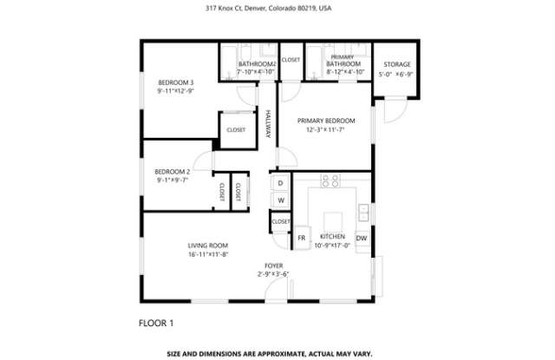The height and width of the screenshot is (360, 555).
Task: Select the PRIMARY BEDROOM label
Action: pos(325,121)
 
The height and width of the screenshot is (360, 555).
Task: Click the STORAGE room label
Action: pos(397,65)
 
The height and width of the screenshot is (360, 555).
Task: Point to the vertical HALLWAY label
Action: pos(269,127)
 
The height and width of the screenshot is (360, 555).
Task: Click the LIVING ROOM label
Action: pos(207,245)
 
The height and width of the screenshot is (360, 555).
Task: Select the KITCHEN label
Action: pos(333,237)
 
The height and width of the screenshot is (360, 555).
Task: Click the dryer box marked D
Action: pos(280,183)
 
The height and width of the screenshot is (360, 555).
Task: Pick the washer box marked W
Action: pos(280,200)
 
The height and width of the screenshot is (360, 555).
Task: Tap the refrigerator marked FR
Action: pos(302,238)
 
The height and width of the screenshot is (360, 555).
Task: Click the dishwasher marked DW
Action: pos(361,238)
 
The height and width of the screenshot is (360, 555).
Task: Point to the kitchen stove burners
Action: pos(330,181)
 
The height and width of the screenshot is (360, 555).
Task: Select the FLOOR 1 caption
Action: pos(156,324)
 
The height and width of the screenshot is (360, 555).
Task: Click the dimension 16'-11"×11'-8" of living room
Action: pos(207,255)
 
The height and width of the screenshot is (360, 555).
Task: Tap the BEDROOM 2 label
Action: pos(173,172)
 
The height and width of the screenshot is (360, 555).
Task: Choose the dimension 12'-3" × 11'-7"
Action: pos(325,130)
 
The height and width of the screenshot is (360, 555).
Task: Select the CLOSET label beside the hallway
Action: pos(236,130)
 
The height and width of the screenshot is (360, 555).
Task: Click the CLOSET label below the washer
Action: pos(280,222)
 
